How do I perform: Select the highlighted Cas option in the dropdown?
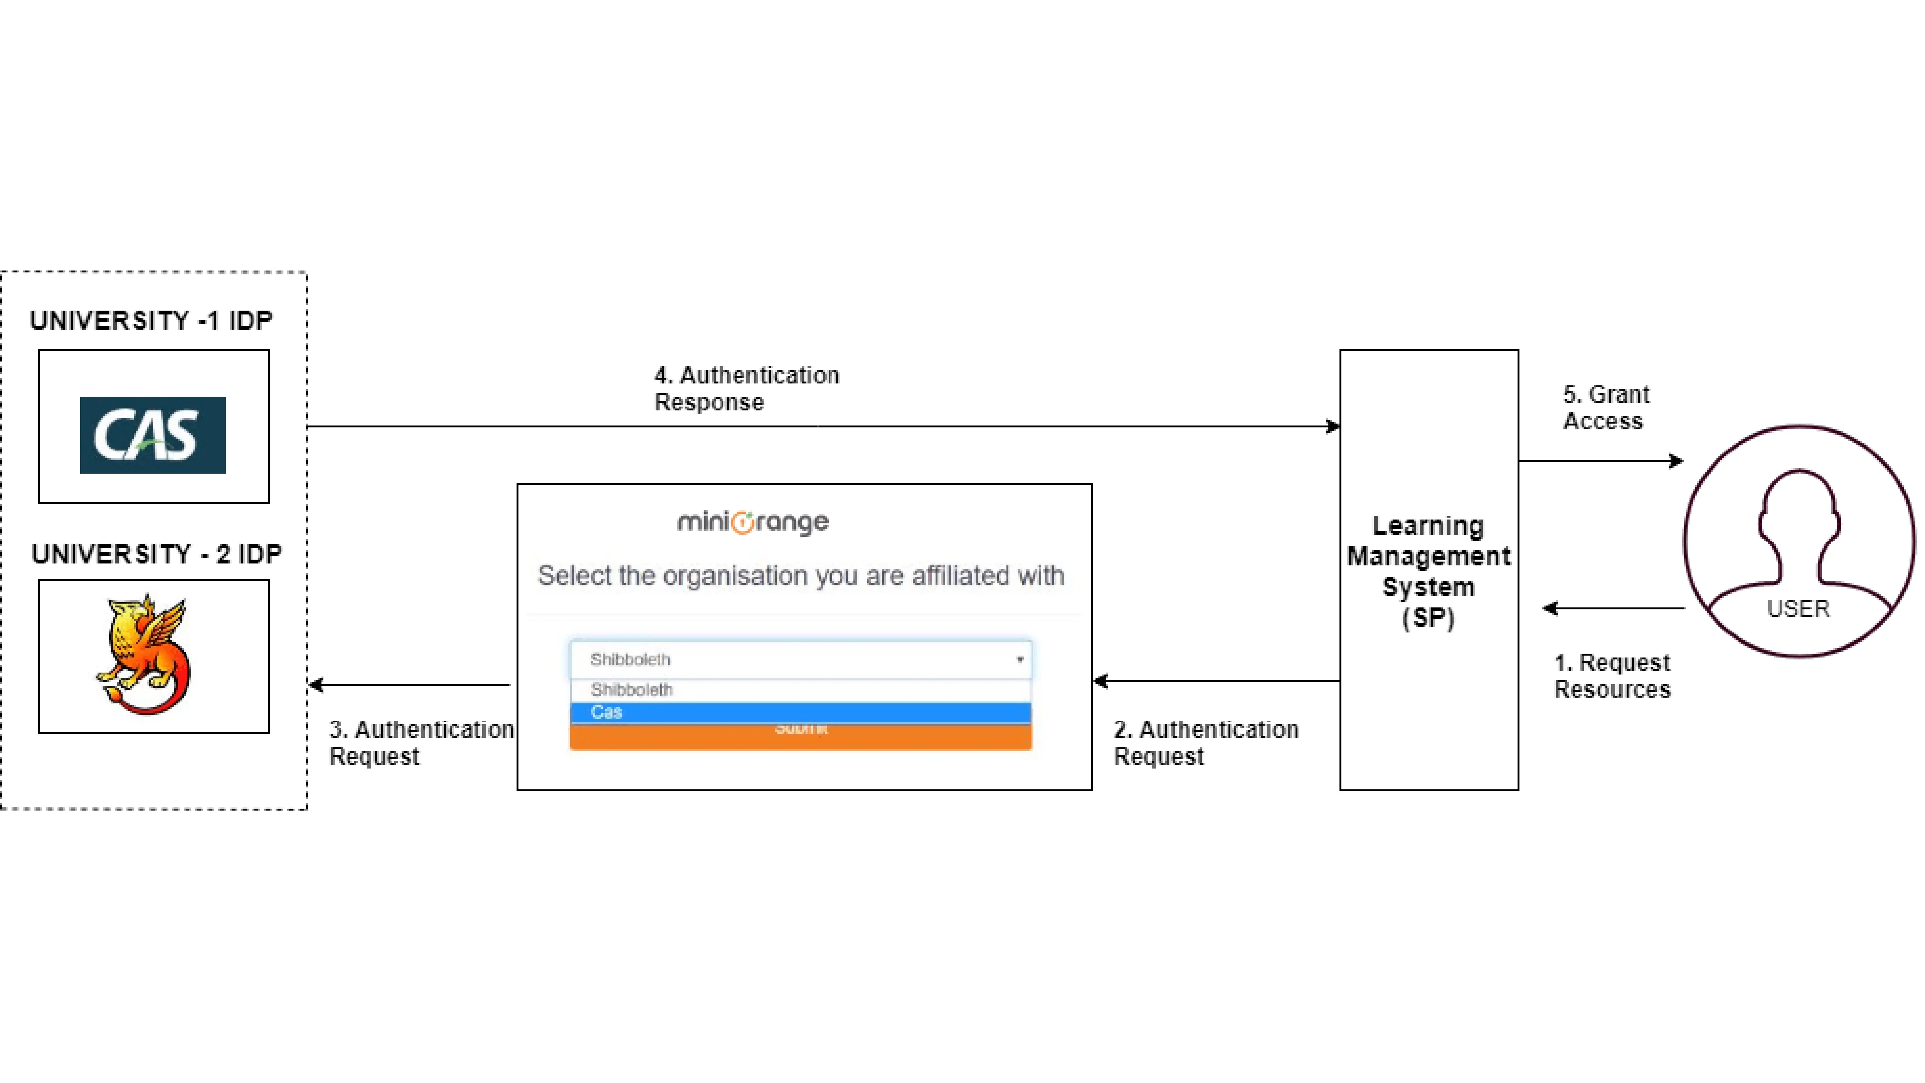point(800,712)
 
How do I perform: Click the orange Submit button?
point(800,736)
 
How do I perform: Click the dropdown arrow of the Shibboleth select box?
point(1019,659)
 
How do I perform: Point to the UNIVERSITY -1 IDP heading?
point(151,321)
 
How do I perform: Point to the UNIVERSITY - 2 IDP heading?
point(157,554)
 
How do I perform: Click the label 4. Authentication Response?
point(747,388)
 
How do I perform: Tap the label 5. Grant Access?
point(1606,407)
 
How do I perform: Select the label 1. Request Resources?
point(1612,676)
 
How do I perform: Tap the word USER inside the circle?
point(1798,609)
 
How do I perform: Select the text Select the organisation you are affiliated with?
point(800,575)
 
